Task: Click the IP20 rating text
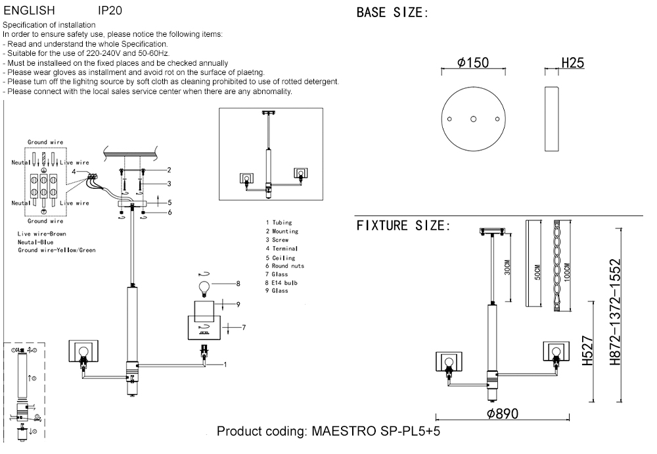pyautogui.click(x=109, y=11)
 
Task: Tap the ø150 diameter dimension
pyautogui.click(x=473, y=63)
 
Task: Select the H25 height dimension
pyautogui.click(x=573, y=63)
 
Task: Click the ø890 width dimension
pyautogui.click(x=503, y=414)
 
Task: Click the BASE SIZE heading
pyautogui.click(x=392, y=13)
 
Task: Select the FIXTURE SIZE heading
pyautogui.click(x=403, y=226)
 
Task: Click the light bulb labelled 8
pyautogui.click(x=204, y=287)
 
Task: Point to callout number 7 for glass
pyautogui.click(x=243, y=327)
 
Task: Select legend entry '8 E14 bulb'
pyautogui.click(x=282, y=282)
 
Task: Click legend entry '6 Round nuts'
pyautogui.click(x=284, y=266)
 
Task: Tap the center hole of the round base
pyautogui.click(x=473, y=119)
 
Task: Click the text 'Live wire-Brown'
pyautogui.click(x=42, y=234)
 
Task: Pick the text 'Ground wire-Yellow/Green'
pyautogui.click(x=57, y=251)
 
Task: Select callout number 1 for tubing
pyautogui.click(x=225, y=364)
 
